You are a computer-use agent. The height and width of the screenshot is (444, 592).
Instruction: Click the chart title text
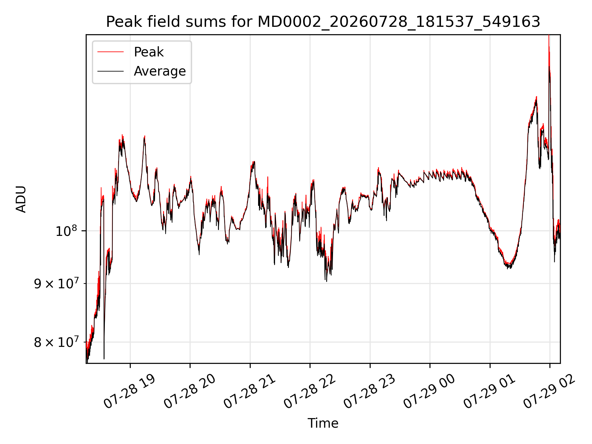point(323,22)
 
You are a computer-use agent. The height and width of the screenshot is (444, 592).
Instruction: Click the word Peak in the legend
point(149,52)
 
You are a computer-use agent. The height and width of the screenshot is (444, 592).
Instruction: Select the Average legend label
point(160,71)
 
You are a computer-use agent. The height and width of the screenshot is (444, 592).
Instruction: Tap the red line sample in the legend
point(110,52)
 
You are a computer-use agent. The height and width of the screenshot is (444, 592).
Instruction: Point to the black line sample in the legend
point(110,71)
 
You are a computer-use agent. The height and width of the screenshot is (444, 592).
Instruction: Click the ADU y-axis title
point(21,199)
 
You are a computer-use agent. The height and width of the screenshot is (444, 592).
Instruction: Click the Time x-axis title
point(323,423)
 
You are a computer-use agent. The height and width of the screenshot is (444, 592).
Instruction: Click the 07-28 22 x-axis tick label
point(310,392)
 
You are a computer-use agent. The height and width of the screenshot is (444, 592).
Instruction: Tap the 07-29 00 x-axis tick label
point(430,392)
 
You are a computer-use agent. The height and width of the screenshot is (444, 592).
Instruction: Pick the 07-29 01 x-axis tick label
point(490,392)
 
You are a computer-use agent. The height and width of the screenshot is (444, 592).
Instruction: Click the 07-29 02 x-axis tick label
point(550,392)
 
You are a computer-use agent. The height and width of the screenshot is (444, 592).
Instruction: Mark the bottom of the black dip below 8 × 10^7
point(104,359)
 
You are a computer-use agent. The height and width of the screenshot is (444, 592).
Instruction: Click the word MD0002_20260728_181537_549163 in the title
point(399,22)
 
